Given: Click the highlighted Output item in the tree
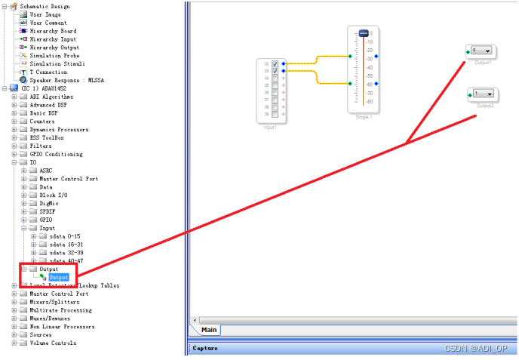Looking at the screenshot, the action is (x=59, y=277).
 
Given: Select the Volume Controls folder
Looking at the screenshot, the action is (x=52, y=343).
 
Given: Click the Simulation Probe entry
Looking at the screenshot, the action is (x=54, y=55).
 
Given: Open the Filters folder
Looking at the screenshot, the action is (x=41, y=146).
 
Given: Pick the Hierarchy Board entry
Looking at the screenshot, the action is (x=53, y=31).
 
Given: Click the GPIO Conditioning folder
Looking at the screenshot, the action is (x=56, y=154).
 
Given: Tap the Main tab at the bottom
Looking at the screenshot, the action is (x=209, y=329).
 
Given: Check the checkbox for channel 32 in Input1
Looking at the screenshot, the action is (x=275, y=63).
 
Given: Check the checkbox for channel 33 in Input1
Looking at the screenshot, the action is (x=275, y=70).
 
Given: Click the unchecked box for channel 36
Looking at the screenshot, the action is (x=275, y=92).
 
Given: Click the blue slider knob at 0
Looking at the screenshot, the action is (x=363, y=34).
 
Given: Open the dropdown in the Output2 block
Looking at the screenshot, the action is (x=489, y=94).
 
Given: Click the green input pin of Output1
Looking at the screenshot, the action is (x=469, y=51).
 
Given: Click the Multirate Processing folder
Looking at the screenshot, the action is (x=60, y=310).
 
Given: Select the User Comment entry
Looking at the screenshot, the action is (x=48, y=23).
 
